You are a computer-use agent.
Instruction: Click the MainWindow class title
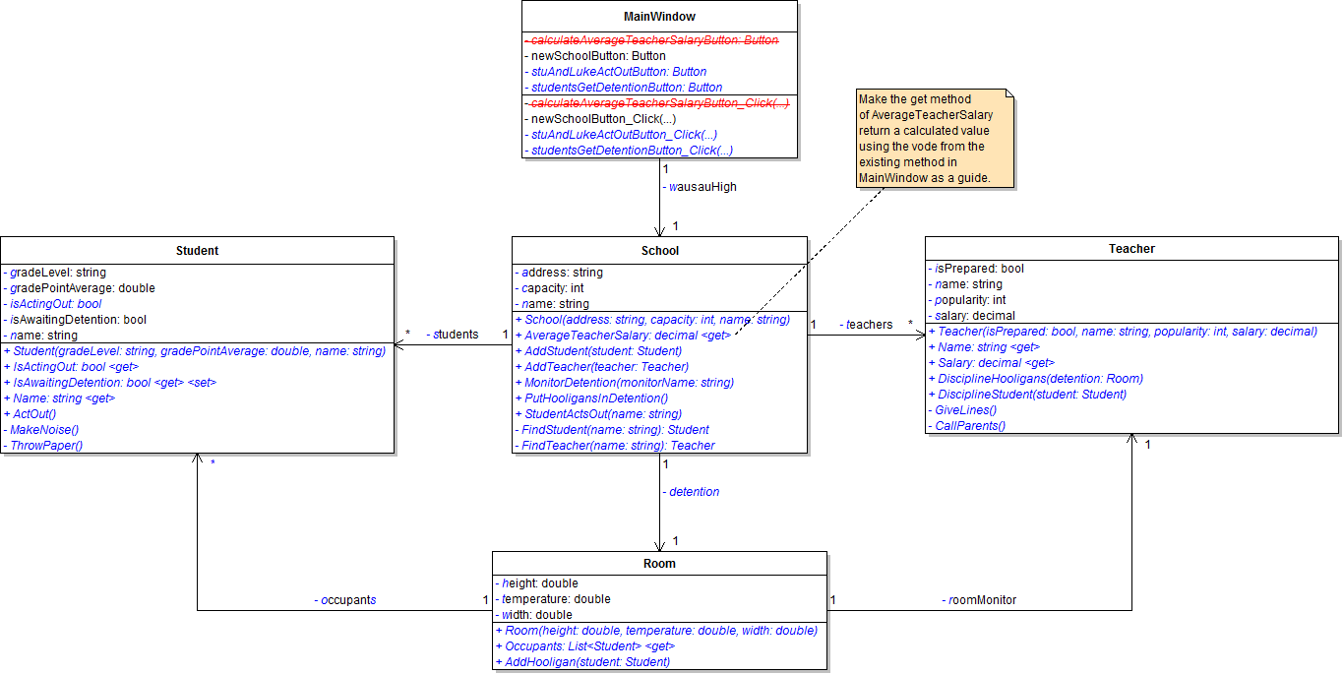point(659,17)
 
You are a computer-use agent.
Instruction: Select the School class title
point(659,251)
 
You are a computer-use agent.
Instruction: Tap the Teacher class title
point(1131,249)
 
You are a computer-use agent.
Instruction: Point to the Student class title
point(197,251)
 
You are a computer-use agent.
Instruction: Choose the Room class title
point(659,564)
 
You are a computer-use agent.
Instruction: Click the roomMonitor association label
point(980,599)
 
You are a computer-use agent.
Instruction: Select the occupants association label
point(344,599)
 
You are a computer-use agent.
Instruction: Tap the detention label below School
point(694,491)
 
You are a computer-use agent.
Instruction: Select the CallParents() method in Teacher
point(970,426)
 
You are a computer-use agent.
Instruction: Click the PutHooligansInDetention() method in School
point(595,398)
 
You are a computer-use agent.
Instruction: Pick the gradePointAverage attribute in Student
point(83,288)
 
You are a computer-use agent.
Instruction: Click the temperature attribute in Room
point(556,599)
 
